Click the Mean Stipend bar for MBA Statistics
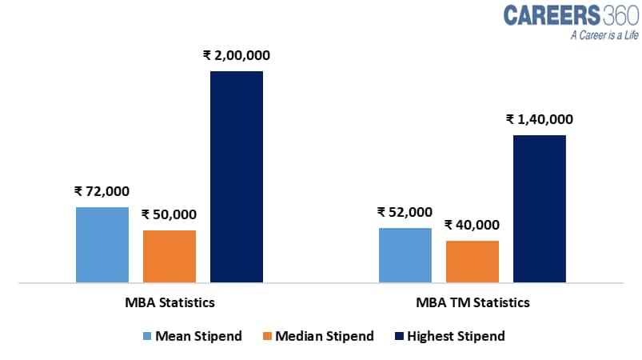coord(102,245)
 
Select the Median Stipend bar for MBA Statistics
coord(169,256)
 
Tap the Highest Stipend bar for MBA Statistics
coord(237,177)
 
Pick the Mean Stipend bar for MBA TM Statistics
coord(405,255)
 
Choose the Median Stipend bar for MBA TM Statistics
coord(472,262)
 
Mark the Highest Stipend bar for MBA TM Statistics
coord(539,209)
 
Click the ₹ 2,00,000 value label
coord(237,56)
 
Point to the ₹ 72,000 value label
coord(102,191)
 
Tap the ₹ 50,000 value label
coord(169,214)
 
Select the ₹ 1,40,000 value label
coord(540,119)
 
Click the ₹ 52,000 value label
coord(405,212)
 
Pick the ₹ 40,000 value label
coord(472,225)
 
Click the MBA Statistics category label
coord(169,303)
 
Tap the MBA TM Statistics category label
coord(473,303)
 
